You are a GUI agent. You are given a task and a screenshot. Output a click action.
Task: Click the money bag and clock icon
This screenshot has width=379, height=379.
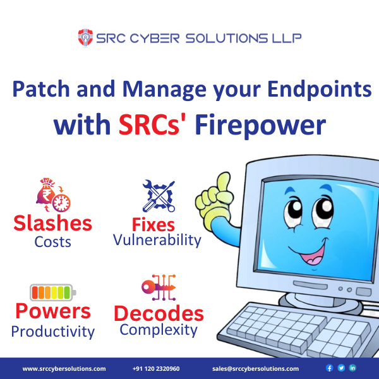(51, 195)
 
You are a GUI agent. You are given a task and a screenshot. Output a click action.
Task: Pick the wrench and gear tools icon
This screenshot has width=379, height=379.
(157, 196)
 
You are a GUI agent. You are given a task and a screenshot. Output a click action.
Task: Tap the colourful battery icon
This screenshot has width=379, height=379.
(52, 292)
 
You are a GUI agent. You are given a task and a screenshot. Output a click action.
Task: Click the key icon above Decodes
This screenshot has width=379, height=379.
(157, 287)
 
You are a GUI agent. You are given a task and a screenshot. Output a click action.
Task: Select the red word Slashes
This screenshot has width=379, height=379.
(53, 223)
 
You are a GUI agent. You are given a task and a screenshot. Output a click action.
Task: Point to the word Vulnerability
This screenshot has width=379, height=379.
(157, 240)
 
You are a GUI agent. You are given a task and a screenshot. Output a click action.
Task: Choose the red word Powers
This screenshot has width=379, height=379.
(53, 311)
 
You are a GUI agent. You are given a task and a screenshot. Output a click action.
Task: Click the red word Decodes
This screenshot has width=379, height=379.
(158, 313)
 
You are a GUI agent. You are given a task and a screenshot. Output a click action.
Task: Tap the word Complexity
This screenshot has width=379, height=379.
(159, 329)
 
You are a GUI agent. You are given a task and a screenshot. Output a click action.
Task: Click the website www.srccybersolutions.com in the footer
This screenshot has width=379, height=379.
(64, 368)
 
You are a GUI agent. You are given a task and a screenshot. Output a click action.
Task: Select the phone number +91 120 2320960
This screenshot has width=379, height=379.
(156, 368)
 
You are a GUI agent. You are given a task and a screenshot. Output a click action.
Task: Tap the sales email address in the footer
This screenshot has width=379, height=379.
(256, 368)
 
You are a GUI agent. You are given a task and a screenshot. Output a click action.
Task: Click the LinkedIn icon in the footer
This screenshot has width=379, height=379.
(352, 368)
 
